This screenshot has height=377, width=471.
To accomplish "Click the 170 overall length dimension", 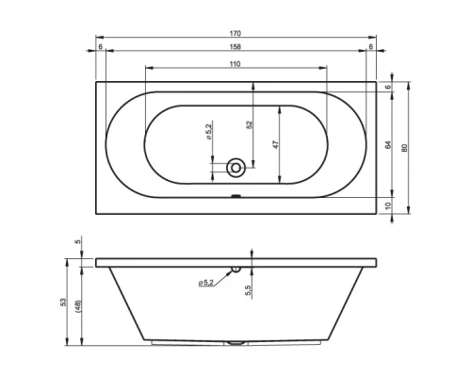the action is (x=235, y=33).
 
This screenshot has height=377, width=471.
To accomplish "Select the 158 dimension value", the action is (x=235, y=47).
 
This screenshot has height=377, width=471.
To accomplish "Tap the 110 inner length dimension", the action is (x=235, y=64).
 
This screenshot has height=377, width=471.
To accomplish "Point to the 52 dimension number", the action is (x=250, y=124).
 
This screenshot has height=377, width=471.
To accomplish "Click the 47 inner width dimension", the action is (x=276, y=144).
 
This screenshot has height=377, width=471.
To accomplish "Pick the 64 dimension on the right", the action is (x=388, y=145).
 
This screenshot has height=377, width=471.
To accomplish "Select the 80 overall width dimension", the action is (x=404, y=148).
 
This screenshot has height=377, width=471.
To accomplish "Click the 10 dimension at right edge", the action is (x=388, y=205).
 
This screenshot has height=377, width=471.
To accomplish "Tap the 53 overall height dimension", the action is (x=64, y=303).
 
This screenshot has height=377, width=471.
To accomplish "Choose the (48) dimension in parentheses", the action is (x=78, y=306).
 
